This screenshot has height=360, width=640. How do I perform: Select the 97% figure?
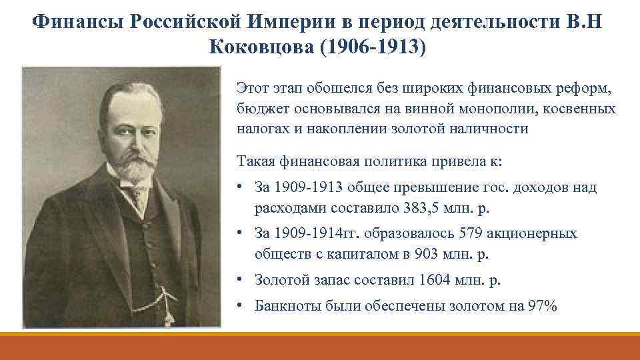pyautogui.click(x=541, y=306)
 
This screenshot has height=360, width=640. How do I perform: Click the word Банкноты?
pyautogui.click(x=287, y=306)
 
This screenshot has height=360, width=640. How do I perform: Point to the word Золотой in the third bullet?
pyautogui.click(x=280, y=280)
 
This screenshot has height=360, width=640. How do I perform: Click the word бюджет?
pyautogui.click(x=256, y=108)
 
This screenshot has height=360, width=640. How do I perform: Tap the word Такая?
pyautogui.click(x=254, y=161)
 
